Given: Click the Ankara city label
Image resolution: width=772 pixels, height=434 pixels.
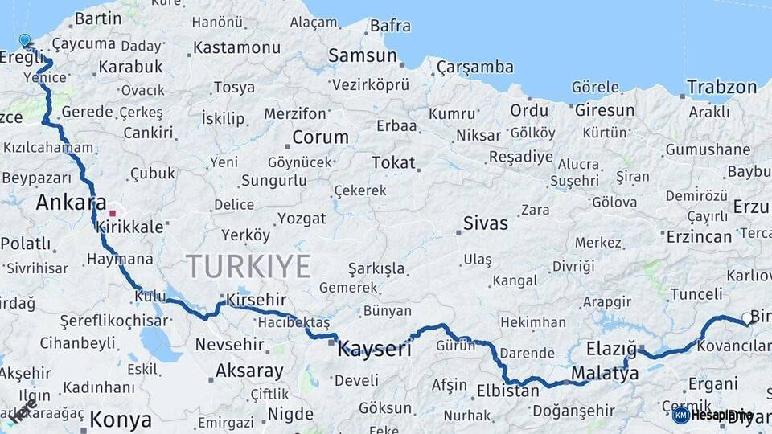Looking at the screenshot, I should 72,202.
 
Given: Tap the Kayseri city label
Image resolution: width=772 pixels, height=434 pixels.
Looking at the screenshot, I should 374,349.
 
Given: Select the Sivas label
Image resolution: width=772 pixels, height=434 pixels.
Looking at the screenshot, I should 486,223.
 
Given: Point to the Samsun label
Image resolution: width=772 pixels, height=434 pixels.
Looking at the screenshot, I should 363,56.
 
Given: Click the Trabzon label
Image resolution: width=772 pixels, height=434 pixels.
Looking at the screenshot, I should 722,87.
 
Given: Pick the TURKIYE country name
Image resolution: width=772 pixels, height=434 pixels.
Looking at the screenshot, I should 248,266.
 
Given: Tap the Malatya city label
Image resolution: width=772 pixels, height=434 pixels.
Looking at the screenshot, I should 605,373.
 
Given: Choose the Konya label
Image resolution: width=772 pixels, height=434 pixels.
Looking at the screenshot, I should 121,419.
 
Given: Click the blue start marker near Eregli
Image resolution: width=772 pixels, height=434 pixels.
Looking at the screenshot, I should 25,40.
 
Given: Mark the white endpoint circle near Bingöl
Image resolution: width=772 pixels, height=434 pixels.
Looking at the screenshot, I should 746,323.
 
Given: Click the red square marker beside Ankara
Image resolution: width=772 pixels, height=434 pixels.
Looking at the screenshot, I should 113,213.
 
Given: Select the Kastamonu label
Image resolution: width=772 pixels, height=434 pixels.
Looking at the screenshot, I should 237,47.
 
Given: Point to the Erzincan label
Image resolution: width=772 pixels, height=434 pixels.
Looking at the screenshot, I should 699,236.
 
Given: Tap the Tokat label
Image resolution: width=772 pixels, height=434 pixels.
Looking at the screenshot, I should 393,163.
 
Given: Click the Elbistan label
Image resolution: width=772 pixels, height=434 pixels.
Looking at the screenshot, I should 507,391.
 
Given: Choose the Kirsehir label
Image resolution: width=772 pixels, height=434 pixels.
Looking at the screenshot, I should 257,299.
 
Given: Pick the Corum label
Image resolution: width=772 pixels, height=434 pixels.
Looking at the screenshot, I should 320,137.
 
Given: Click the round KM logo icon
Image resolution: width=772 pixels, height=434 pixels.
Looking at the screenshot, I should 680,415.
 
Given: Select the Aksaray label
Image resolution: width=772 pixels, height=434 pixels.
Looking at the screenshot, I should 249,371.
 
